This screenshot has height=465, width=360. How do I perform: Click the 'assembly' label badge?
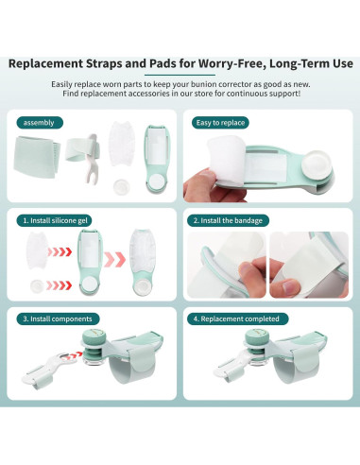[x=39, y=122]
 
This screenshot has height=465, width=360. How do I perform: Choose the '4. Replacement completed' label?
[x=237, y=319]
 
